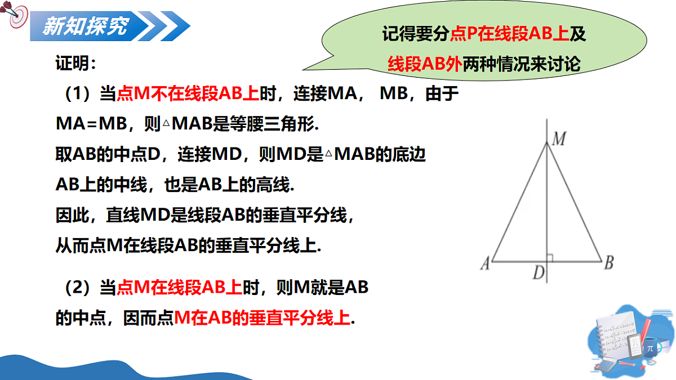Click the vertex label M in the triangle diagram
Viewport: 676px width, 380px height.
click(x=558, y=139)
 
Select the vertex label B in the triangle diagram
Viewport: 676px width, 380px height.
click(x=608, y=262)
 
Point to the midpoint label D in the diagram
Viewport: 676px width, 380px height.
click(x=539, y=274)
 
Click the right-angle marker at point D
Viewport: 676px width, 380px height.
click(x=550, y=258)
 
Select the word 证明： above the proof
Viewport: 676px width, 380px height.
click(x=75, y=63)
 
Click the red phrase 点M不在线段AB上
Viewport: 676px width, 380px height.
click(x=188, y=94)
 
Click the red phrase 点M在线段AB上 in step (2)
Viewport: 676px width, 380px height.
click(x=179, y=288)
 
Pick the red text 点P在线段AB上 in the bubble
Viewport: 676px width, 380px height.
click(x=509, y=34)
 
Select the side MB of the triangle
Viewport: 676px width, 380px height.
click(x=575, y=203)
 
